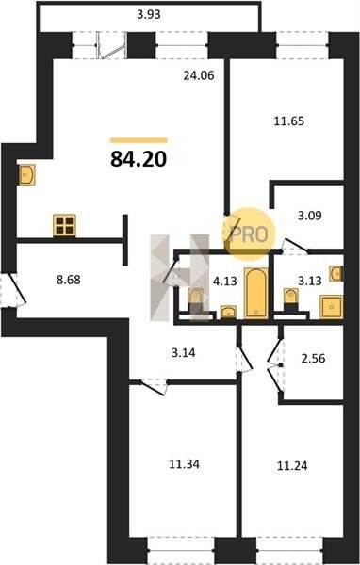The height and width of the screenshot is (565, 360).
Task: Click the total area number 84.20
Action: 139,159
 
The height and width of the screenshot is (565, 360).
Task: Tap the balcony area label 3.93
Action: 149,15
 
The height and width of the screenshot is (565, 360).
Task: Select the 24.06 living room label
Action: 199,75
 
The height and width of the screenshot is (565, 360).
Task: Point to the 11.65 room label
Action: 289,121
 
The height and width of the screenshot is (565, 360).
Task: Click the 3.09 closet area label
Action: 310,216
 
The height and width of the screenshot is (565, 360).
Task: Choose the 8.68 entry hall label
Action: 69,280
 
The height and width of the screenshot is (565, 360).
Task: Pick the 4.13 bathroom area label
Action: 224,281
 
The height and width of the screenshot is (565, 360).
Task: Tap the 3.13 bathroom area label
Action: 310,281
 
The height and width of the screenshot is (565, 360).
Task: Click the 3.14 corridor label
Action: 183,352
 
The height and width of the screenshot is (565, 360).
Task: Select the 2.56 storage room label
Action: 313,358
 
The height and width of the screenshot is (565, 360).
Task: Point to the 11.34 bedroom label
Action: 185,464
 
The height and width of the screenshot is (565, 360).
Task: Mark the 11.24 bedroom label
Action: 292,466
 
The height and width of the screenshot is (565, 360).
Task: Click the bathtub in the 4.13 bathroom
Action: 256,293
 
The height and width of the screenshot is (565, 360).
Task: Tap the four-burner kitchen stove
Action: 65,225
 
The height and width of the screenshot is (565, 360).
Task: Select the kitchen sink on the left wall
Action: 26,175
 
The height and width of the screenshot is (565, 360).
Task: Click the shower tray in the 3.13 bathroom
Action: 332,307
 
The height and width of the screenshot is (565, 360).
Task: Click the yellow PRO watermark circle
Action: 249,234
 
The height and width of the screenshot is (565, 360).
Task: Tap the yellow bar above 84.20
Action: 139,140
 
